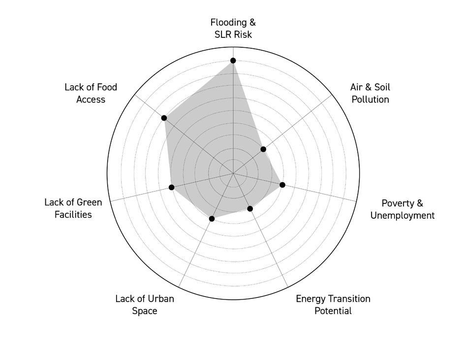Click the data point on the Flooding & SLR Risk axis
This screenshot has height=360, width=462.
pyautogui.click(x=233, y=61)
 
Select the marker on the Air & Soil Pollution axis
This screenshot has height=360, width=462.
pyautogui.click(x=263, y=149)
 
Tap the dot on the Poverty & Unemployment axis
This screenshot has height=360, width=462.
pyautogui.click(x=282, y=185)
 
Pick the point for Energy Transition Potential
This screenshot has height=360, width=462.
pyautogui.click(x=250, y=209)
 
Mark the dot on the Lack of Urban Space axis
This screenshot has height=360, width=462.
pyautogui.click(x=212, y=219)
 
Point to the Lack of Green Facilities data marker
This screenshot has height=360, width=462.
pyautogui.click(x=172, y=187)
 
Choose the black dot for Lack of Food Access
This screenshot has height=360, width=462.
pyautogui.click(x=164, y=118)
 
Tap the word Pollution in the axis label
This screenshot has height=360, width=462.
pyautogui.click(x=370, y=99)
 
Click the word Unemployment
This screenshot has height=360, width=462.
pyautogui.click(x=402, y=216)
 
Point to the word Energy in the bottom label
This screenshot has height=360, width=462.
pyautogui.click(x=310, y=299)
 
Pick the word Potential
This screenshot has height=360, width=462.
pyautogui.click(x=333, y=311)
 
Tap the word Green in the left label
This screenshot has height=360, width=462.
pyautogui.click(x=89, y=202)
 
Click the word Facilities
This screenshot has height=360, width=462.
pyautogui.click(x=73, y=215)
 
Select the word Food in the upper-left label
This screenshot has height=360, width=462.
pyautogui.click(x=107, y=87)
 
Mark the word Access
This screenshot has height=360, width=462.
pyautogui.click(x=91, y=99)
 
